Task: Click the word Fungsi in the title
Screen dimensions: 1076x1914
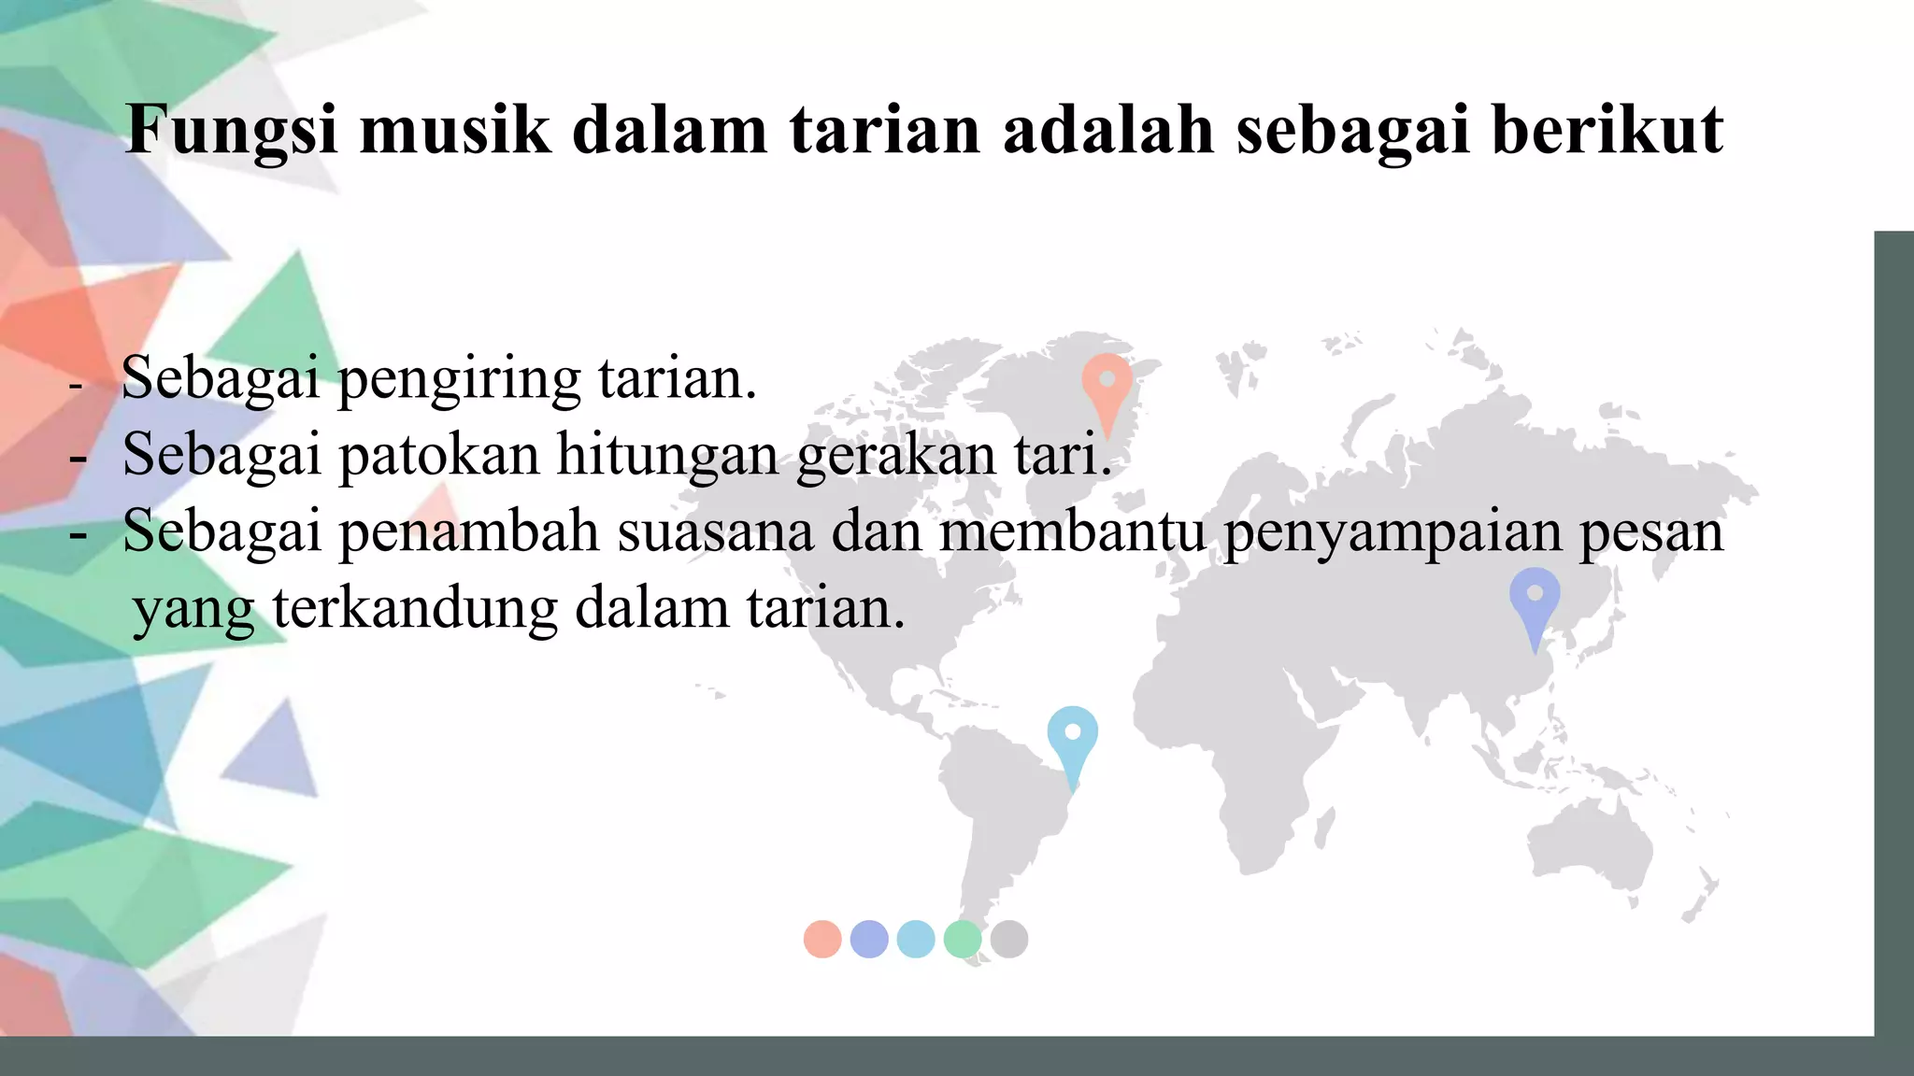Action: (231, 130)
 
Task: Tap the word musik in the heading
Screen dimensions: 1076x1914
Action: (455, 130)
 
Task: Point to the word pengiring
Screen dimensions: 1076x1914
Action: (459, 380)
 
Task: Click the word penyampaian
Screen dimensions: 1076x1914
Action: (1393, 531)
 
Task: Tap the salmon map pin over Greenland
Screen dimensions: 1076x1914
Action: (1107, 384)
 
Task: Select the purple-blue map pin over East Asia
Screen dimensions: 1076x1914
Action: (1535, 597)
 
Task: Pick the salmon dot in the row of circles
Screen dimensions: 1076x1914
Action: (822, 939)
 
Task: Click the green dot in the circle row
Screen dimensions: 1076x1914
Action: (963, 939)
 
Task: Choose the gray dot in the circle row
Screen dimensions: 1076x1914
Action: (1009, 939)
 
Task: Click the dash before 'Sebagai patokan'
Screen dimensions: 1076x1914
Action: (79, 458)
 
